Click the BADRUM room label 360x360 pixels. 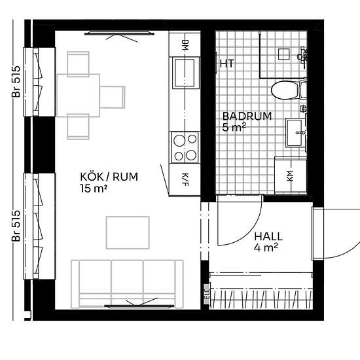click(x=247, y=116)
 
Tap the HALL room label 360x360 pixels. click(x=268, y=236)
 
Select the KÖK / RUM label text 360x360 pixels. click(x=109, y=177)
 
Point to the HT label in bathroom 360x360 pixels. click(x=227, y=63)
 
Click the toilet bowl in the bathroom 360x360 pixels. click(x=284, y=90)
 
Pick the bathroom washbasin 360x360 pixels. click(x=294, y=133)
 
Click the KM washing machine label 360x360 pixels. click(x=290, y=176)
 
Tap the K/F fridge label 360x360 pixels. click(x=185, y=180)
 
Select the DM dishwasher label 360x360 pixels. click(x=185, y=45)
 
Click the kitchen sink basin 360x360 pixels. click(x=185, y=73)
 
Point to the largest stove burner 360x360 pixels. click(x=179, y=141)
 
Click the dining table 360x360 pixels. click(x=78, y=96)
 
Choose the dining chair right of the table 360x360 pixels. click(x=113, y=97)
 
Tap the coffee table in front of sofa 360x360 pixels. click(x=128, y=232)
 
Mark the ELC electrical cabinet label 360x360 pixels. click(x=207, y=292)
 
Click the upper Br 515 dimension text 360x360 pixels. click(x=16, y=82)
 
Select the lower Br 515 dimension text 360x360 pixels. click(x=16, y=226)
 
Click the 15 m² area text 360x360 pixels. click(x=94, y=189)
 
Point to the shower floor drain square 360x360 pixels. click(x=284, y=54)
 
